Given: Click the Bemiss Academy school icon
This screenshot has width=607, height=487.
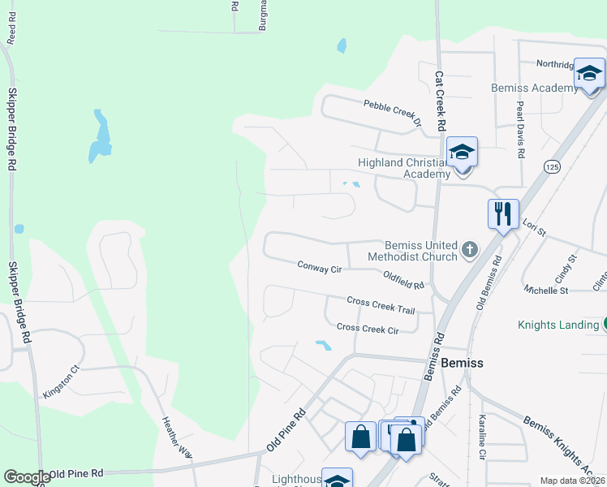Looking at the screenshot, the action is [589, 75].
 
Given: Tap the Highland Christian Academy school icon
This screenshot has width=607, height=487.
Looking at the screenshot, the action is [462, 153].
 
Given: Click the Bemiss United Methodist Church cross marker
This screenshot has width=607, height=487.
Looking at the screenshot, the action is [469, 251].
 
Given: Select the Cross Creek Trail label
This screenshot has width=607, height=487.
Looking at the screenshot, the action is [381, 305].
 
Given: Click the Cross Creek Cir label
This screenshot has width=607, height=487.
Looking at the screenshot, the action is [368, 329].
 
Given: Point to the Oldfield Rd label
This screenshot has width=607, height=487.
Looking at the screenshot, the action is [404, 281].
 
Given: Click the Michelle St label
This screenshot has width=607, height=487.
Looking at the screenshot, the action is [545, 290].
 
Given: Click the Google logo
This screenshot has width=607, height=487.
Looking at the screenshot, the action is [27, 477].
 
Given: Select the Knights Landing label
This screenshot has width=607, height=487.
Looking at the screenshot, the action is [558, 325].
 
